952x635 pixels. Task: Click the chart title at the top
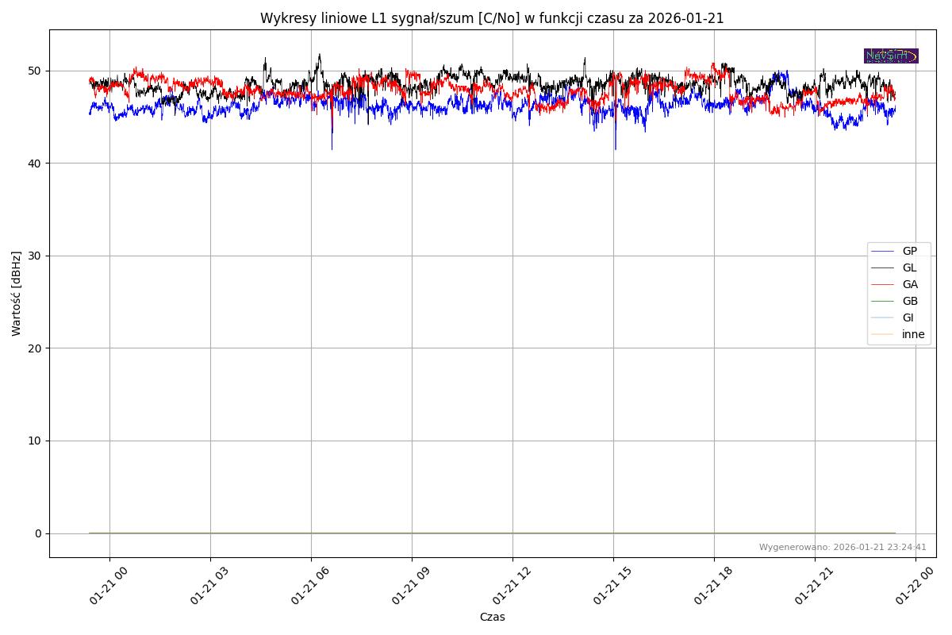(x=492, y=18)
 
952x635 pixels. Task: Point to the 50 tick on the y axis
(x=36, y=71)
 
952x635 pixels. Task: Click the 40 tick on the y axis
(x=36, y=164)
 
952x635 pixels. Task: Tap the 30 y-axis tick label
(x=36, y=256)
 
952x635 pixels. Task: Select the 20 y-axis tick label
(x=36, y=348)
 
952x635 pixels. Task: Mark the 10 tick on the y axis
(x=36, y=441)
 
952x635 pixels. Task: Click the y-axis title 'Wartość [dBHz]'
(x=17, y=294)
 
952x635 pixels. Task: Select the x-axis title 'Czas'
(x=492, y=617)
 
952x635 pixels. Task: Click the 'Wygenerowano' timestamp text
(x=843, y=547)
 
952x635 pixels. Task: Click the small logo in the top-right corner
(x=891, y=56)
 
